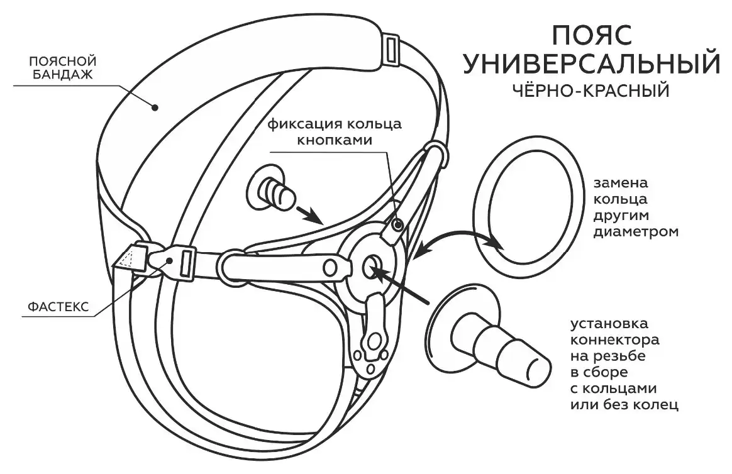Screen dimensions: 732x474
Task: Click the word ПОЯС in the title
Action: [x=592, y=35]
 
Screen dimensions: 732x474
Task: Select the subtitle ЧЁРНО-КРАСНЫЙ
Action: [x=592, y=89]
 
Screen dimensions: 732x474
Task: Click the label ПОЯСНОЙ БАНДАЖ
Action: [x=62, y=68]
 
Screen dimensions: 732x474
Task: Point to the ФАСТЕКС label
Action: [x=58, y=307]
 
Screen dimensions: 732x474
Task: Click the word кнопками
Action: [x=335, y=140]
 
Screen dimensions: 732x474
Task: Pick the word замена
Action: [x=621, y=183]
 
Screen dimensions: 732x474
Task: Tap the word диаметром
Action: [x=636, y=232]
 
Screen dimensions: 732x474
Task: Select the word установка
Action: [x=609, y=324]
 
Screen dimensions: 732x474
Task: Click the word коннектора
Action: [x=615, y=339]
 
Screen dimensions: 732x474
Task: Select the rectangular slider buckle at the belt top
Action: [x=391, y=48]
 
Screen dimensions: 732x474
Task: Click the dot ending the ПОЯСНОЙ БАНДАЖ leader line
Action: [x=155, y=107]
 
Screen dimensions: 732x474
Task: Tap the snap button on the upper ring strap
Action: [x=397, y=226]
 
